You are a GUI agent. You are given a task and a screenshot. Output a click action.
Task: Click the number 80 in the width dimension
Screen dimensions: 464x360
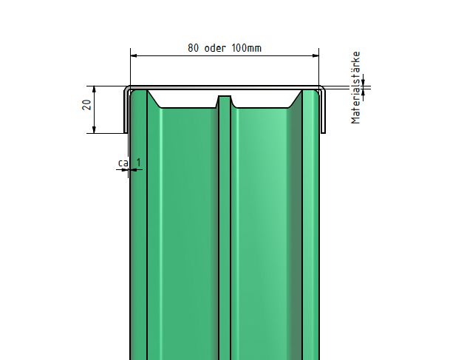click(194, 48)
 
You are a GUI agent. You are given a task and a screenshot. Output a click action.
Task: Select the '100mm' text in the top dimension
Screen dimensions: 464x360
click(247, 48)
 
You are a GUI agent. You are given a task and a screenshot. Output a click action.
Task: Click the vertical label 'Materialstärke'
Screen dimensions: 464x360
click(355, 88)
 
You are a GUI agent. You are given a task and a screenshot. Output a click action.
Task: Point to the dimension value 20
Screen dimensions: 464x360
click(87, 105)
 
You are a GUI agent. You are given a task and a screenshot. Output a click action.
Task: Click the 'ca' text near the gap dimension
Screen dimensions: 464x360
click(123, 163)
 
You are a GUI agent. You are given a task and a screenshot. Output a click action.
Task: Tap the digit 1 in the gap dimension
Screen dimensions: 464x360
click(139, 162)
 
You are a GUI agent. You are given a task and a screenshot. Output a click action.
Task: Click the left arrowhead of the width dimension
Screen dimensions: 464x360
click(134, 55)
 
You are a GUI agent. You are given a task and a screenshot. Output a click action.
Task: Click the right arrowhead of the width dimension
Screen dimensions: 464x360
click(315, 55)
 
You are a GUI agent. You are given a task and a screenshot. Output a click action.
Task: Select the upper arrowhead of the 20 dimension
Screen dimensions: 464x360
click(94, 89)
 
